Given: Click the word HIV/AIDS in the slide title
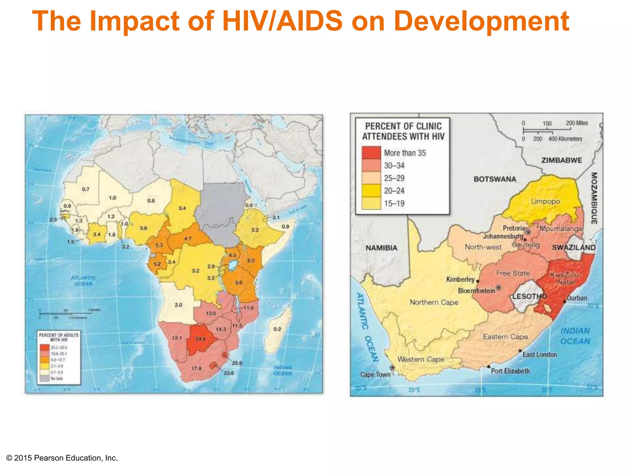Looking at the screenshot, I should [282, 21].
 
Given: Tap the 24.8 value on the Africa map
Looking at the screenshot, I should [201, 339].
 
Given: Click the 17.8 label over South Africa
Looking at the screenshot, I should [196, 368].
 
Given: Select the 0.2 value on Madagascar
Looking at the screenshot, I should [277, 329].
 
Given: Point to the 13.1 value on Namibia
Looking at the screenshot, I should [177, 338].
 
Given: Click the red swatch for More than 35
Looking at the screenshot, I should [371, 153].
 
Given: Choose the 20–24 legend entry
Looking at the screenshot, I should [394, 191].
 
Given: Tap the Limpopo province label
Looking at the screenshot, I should [545, 202].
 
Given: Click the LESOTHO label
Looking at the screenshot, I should [530, 296].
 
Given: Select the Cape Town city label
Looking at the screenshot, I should [375, 375].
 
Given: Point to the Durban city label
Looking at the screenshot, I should [577, 298].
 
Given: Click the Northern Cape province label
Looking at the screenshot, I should [434, 302].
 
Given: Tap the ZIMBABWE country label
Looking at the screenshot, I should [562, 160].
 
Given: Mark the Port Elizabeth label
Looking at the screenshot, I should [510, 371].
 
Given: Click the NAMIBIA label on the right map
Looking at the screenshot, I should [381, 248].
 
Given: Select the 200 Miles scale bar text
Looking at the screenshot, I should [577, 123].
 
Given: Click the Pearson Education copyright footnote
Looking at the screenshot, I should [62, 458].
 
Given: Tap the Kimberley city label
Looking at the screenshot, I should [460, 279].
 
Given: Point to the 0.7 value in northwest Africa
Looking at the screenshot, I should [85, 189].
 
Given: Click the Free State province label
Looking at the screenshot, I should [513, 273].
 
